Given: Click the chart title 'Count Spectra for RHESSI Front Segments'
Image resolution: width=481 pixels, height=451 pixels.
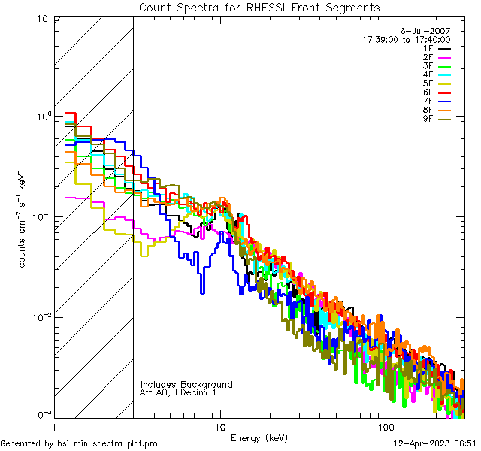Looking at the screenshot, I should point(259,7).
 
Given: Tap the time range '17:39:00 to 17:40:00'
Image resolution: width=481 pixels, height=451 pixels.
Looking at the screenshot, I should point(407,39).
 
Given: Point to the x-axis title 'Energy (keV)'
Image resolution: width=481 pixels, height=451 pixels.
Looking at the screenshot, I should point(259,438).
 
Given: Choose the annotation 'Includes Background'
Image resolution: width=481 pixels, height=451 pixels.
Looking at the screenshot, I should point(186,384).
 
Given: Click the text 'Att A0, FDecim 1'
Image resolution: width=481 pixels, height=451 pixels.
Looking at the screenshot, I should point(179,392).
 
